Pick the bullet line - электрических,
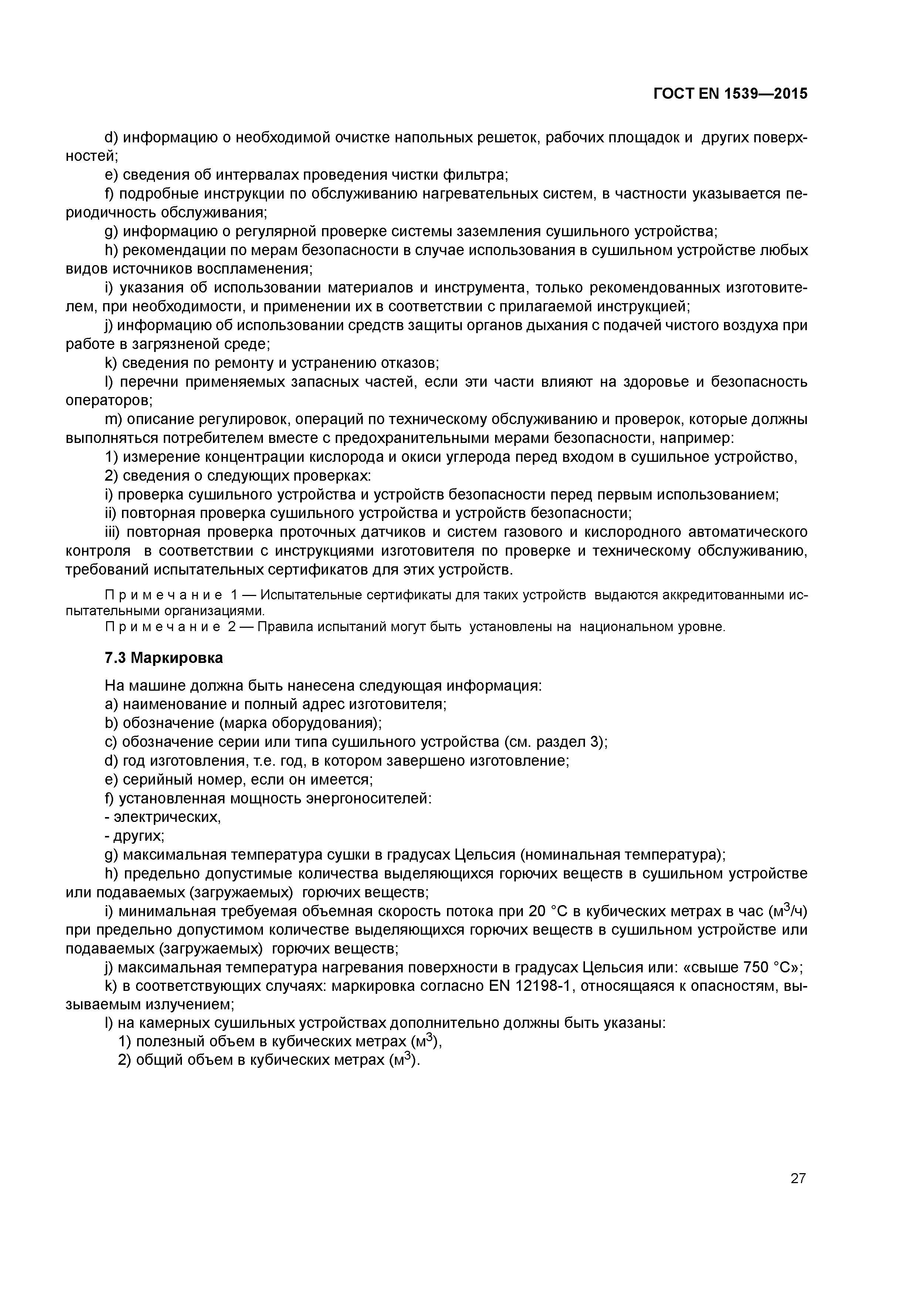point(163,817)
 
